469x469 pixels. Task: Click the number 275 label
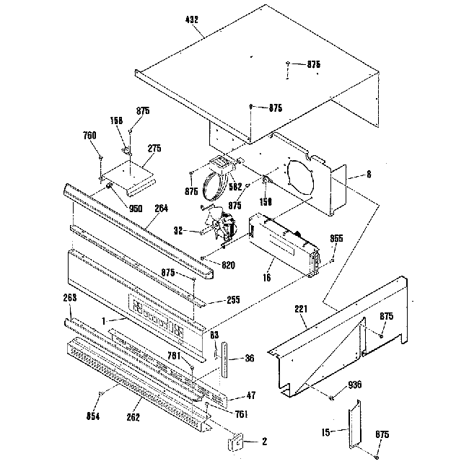click(x=154, y=148)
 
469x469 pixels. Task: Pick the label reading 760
click(x=89, y=135)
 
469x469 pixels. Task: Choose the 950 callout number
click(x=136, y=209)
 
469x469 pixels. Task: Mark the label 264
click(x=161, y=209)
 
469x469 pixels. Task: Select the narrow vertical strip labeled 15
click(x=354, y=426)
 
